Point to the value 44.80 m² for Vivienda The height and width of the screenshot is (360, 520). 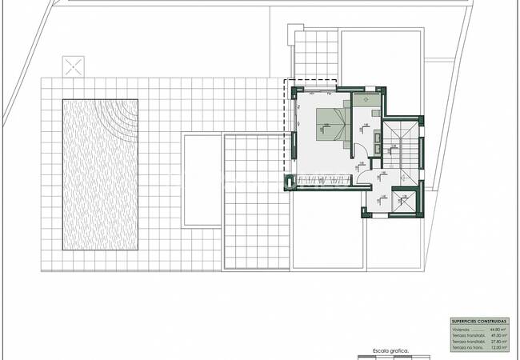[498, 329]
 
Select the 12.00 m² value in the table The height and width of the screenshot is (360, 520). [498, 348]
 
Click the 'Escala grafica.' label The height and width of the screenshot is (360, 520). [390, 350]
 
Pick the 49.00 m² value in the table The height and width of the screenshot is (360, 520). [498, 335]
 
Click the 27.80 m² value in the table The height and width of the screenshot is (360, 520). [498, 342]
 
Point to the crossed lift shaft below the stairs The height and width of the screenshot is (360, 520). [403, 202]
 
